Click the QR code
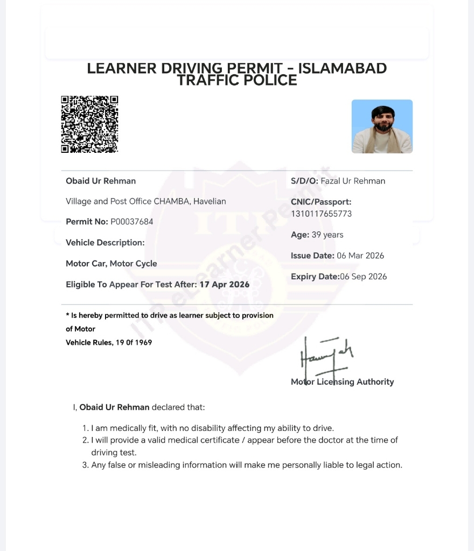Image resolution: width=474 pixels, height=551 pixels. (x=89, y=124)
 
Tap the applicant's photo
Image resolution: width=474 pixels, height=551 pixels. (x=382, y=126)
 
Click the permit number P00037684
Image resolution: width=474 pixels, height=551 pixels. (x=131, y=222)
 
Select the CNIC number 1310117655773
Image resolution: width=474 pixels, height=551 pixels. (x=321, y=214)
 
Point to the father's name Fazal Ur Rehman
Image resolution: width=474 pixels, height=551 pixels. (x=353, y=181)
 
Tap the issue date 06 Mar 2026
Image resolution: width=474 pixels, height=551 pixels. (x=360, y=256)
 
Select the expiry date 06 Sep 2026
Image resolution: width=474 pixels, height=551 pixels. (x=364, y=277)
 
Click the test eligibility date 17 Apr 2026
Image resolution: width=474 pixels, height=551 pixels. (x=224, y=284)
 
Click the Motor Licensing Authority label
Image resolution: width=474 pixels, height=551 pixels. (x=343, y=382)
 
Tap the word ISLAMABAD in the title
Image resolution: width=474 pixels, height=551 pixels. (x=343, y=68)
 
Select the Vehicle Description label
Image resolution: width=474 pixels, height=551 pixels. (x=105, y=243)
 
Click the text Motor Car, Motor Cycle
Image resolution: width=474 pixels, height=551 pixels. (x=111, y=264)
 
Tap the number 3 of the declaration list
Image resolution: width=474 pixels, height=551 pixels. (x=85, y=465)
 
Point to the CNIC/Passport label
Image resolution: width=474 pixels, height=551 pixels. (x=321, y=202)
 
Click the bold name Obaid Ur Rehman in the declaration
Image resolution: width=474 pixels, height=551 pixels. (x=114, y=407)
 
